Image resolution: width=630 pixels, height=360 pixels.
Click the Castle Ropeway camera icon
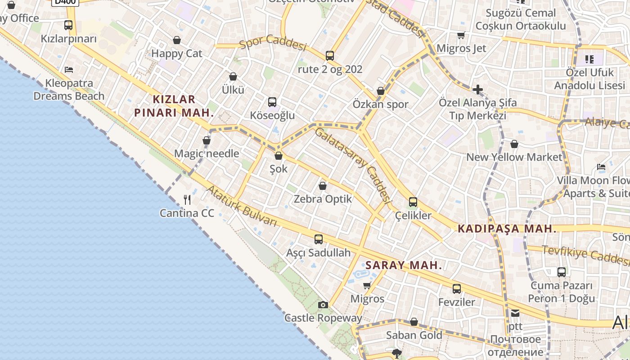tap(323, 305)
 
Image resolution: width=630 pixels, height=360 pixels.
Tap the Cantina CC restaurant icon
tap(187, 199)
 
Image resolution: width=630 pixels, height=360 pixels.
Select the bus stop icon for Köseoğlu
tap(272, 102)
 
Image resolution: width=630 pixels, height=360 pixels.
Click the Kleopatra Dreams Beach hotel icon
tap(69, 70)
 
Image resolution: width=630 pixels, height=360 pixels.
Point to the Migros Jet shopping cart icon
tap(461, 35)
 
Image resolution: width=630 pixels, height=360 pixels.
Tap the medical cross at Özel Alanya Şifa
tap(477, 90)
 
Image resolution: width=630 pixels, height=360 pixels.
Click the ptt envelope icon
tap(515, 313)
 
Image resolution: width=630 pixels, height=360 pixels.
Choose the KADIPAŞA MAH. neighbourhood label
tap(507, 229)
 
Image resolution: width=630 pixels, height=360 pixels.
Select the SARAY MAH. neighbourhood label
tap(404, 265)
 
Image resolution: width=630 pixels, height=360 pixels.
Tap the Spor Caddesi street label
tap(273, 43)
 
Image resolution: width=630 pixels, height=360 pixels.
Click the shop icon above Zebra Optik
tap(322, 185)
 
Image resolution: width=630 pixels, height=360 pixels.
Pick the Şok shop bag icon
tap(279, 156)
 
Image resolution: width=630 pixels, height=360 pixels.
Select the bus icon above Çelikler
tap(413, 202)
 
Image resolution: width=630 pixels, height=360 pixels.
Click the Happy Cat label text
tap(177, 54)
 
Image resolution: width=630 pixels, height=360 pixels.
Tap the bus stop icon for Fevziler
tap(456, 289)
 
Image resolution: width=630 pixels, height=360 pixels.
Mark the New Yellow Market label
tap(514, 157)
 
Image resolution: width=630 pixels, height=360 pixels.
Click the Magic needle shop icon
tap(207, 140)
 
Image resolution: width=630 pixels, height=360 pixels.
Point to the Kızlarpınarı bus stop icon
tap(68, 25)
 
